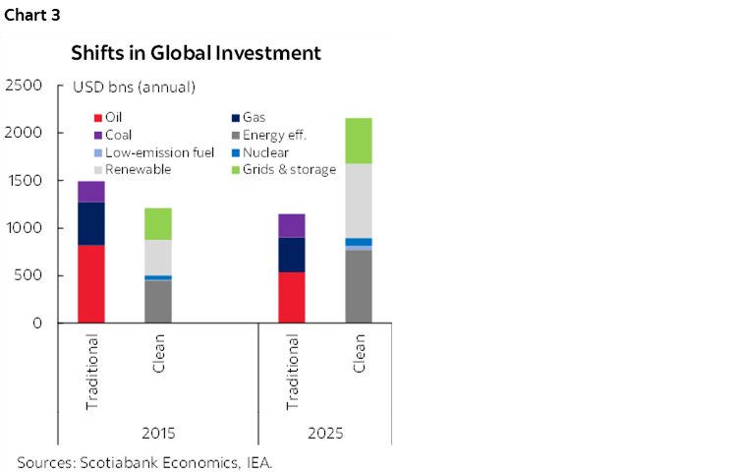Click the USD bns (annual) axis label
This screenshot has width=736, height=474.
[x=134, y=88]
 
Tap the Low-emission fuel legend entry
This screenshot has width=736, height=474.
[x=145, y=152]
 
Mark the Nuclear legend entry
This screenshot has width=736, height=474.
[x=261, y=152]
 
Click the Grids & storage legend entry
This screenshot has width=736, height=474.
[x=289, y=169]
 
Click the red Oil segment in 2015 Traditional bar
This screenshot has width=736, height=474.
[x=91, y=283]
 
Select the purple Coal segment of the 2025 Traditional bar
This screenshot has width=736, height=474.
[x=292, y=225]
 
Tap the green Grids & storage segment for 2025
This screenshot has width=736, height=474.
[x=358, y=141]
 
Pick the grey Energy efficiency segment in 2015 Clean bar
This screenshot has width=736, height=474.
[x=158, y=301]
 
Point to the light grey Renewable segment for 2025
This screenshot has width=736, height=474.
[x=358, y=201]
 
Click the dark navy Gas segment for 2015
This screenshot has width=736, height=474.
[x=91, y=223]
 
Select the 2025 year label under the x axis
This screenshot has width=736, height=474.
[x=324, y=432]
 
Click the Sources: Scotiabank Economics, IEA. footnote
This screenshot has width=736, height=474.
[x=143, y=460]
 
